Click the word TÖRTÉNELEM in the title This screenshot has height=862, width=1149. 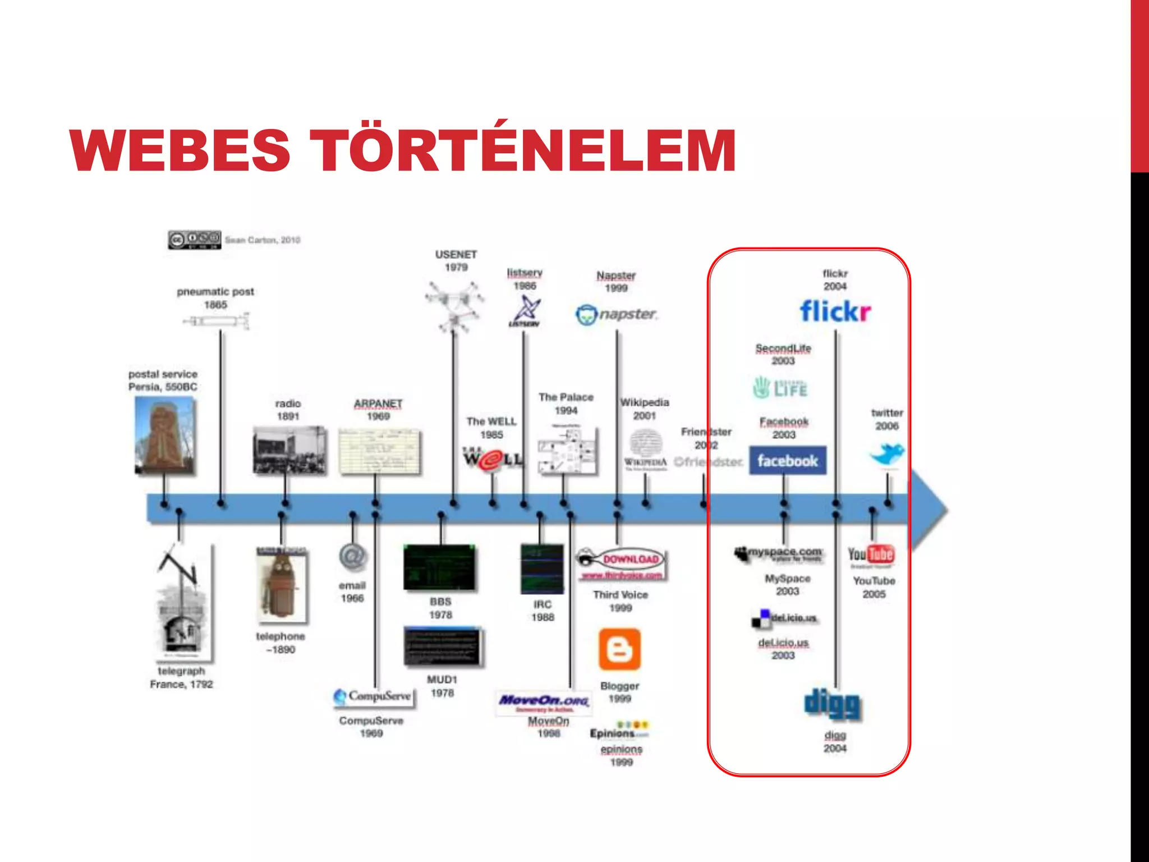click(x=526, y=150)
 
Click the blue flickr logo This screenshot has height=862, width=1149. click(x=835, y=311)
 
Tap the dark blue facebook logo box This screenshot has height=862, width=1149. click(x=787, y=461)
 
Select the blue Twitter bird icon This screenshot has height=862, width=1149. click(x=886, y=453)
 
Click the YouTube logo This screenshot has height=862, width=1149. click(x=871, y=555)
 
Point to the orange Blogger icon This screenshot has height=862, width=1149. click(x=619, y=649)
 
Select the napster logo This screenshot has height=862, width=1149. click(x=616, y=314)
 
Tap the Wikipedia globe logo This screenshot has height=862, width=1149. click(x=645, y=443)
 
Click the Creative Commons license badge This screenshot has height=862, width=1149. click(x=195, y=240)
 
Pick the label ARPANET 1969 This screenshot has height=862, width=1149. click(x=378, y=410)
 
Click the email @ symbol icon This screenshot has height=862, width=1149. click(x=353, y=557)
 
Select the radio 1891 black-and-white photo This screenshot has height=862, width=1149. click(x=288, y=450)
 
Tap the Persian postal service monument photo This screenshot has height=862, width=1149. click(x=165, y=435)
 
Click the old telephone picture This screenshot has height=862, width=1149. click(x=282, y=585)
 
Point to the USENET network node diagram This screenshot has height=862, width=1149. click(x=454, y=307)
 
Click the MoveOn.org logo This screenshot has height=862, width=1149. click(x=544, y=702)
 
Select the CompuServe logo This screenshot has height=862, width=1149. click(x=373, y=696)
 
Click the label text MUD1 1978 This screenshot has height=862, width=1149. click(x=442, y=686)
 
